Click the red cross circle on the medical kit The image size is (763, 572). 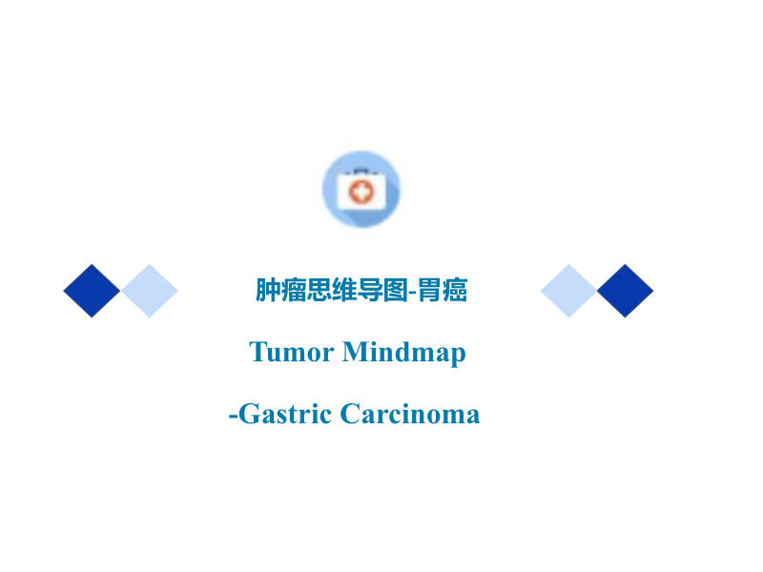[x=361, y=192]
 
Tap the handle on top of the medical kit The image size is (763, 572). [x=361, y=171]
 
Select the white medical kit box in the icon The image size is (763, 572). [x=361, y=191]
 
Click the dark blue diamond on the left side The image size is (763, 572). [x=92, y=291]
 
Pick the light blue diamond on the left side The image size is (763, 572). [x=150, y=291]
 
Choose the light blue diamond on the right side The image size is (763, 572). [x=568, y=291]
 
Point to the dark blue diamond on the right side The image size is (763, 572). [x=626, y=291]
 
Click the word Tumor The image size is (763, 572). [x=292, y=352]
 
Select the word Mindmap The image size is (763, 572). [x=403, y=353]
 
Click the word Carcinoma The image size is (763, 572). [x=410, y=414]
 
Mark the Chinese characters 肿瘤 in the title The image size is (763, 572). [x=280, y=290]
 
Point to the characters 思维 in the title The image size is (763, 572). [x=332, y=290]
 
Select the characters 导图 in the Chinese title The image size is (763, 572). [x=382, y=290]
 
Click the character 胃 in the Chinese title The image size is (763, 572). [x=430, y=290]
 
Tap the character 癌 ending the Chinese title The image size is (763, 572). [x=455, y=290]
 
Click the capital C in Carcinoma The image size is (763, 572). [x=350, y=414]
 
